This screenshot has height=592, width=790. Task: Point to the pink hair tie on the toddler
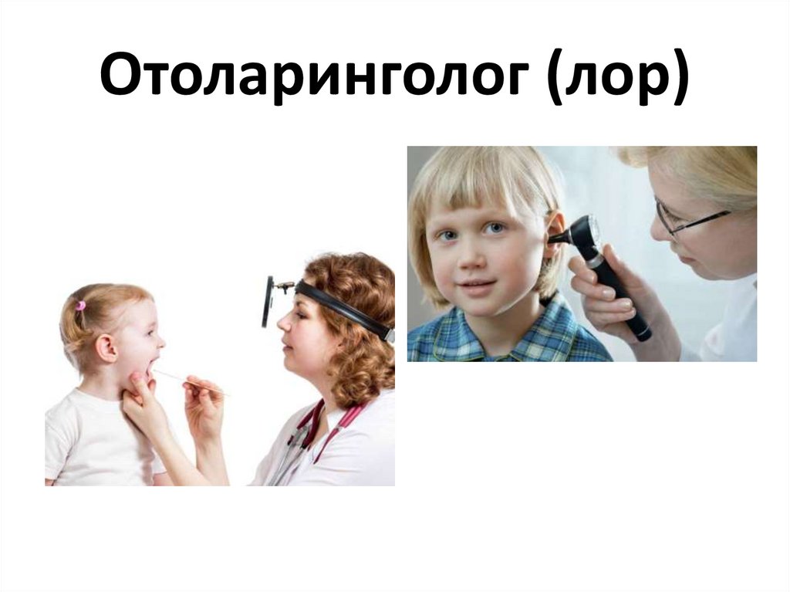point(80,306)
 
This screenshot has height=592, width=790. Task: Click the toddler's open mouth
point(153,364)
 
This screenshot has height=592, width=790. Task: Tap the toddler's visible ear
point(107,347)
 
